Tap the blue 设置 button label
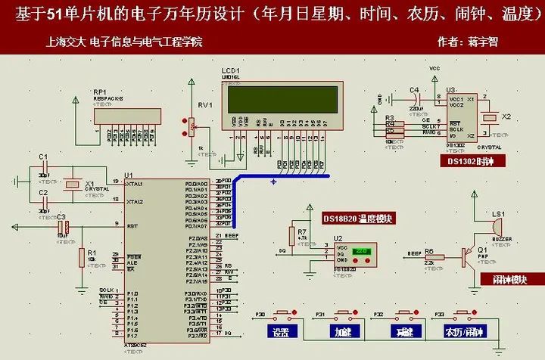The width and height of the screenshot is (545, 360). pos(280,331)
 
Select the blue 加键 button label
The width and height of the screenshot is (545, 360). pos(341,331)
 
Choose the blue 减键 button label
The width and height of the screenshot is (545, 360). pos(402,331)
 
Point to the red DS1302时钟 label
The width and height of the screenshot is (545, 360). pos(470,160)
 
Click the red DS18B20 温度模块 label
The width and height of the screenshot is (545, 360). pos(358,219)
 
